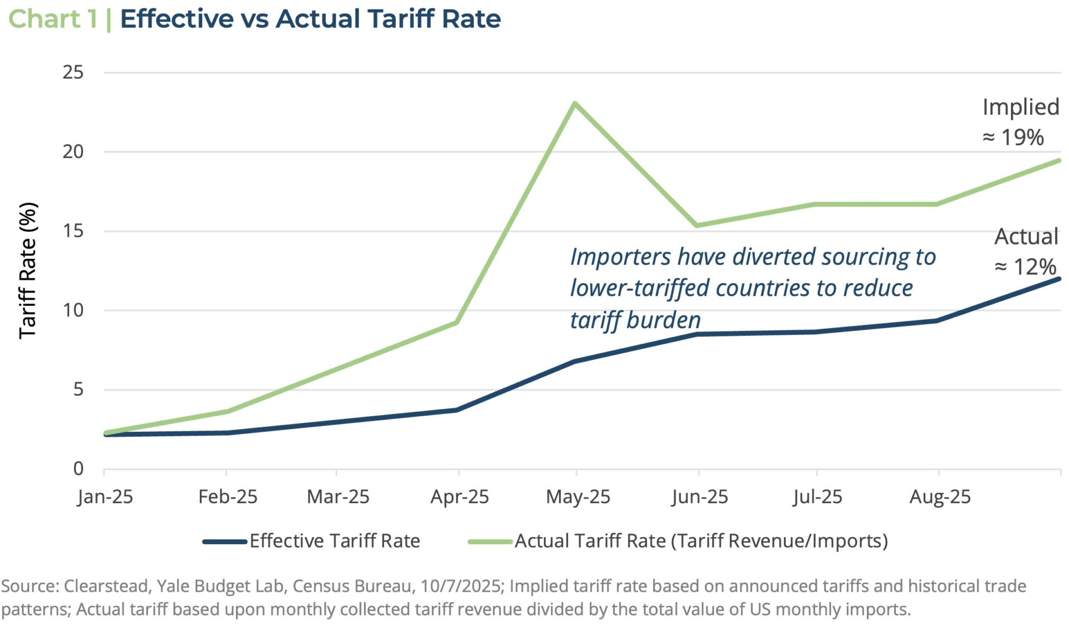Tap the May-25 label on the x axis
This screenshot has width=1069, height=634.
(578, 496)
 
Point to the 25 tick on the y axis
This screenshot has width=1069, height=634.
(73, 72)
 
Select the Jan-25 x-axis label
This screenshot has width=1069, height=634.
(105, 496)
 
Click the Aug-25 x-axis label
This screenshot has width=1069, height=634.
(940, 496)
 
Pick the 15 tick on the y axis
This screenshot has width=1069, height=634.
(73, 231)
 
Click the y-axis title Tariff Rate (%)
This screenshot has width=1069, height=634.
(28, 270)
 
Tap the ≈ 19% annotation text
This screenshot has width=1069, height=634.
(1013, 137)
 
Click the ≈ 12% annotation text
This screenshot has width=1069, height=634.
(1025, 267)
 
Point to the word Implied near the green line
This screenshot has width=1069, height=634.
(1021, 107)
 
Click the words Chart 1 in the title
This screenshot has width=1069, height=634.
(53, 19)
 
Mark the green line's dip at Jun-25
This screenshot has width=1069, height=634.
(697, 225)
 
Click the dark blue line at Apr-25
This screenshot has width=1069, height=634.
(457, 410)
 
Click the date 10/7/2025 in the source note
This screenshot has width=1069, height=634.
(460, 586)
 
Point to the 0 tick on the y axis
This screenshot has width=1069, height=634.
(79, 469)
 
